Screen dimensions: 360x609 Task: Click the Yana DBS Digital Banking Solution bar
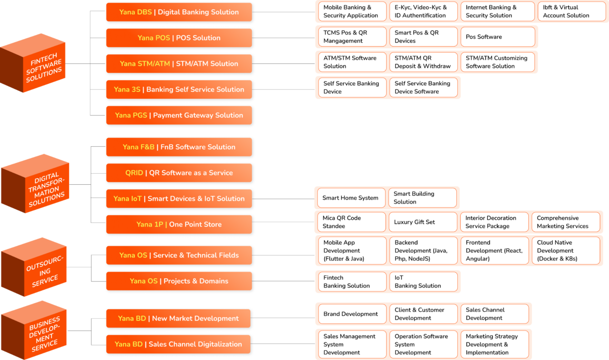tap(179, 12)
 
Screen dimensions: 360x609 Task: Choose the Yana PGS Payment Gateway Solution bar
tap(179, 115)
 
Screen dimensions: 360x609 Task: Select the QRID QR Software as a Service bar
tap(179, 173)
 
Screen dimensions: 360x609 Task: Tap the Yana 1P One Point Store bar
tap(179, 224)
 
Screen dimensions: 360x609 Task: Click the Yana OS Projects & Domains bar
tap(179, 281)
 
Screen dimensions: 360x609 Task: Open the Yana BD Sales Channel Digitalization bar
tap(179, 344)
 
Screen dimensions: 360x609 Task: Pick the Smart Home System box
tap(351, 198)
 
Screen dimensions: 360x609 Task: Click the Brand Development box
tap(351, 314)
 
